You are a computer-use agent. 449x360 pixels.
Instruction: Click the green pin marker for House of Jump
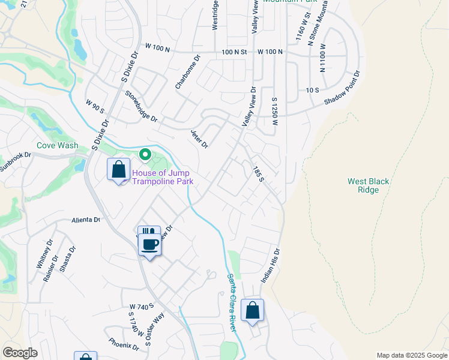coord(145,155)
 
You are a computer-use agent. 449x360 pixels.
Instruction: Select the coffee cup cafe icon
coord(150,244)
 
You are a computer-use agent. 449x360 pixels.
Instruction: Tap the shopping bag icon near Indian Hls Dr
coord(253,311)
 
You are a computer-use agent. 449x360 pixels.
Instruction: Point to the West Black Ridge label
coord(364,185)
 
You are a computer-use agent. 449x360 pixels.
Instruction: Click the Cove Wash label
coord(57,145)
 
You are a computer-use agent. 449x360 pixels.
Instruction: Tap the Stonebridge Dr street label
coord(141,107)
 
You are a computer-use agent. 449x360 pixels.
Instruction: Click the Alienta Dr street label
coord(86,220)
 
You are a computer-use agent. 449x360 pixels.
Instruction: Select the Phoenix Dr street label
coord(124,344)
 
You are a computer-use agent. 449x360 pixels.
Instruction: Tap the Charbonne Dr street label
coord(187,73)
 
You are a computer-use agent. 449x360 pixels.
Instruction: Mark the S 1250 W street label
coord(274,111)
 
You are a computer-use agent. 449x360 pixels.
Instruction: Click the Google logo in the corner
coord(20,353)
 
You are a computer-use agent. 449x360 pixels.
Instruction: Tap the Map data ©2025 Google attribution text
coord(411,355)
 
